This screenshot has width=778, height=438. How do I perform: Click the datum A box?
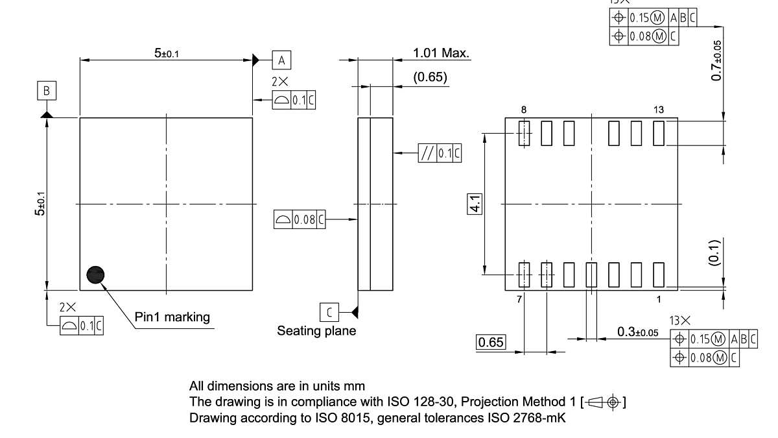tap(281, 60)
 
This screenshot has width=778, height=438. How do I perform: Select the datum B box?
tap(46, 91)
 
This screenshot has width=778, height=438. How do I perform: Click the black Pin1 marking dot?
tap(95, 275)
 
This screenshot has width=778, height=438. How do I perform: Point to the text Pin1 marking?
tap(172, 317)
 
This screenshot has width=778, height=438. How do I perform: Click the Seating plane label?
tap(316, 331)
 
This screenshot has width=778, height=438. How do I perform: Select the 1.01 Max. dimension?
tap(441, 53)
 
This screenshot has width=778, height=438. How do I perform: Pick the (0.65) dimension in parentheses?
tap(430, 77)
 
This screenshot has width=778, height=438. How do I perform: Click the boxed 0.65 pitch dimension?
tap(491, 342)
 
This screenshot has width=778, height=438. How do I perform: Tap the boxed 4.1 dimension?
tap(475, 204)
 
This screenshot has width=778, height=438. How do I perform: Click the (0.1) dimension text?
tap(713, 252)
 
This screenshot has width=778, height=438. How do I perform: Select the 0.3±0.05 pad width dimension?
tap(637, 332)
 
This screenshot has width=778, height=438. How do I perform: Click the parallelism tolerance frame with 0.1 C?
tap(440, 153)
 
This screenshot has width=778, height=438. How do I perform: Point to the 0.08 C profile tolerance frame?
tap(299, 220)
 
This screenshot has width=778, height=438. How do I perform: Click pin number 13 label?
tap(659, 110)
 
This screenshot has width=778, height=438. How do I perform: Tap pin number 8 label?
tap(524, 110)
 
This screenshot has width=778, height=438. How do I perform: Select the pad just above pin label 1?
tap(659, 274)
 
